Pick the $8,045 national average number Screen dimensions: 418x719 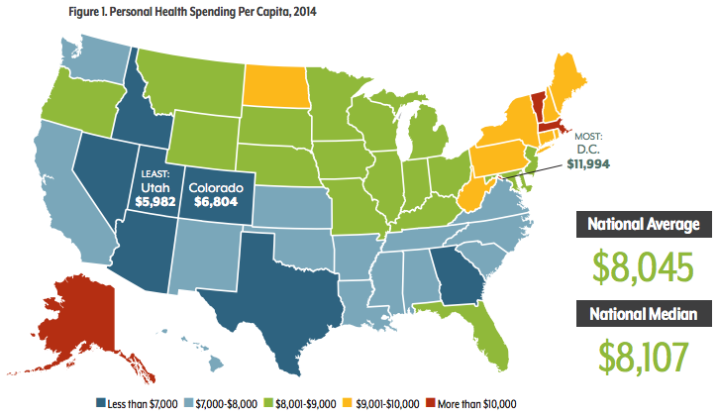pos(638,265)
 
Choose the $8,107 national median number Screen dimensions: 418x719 pos(639,356)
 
